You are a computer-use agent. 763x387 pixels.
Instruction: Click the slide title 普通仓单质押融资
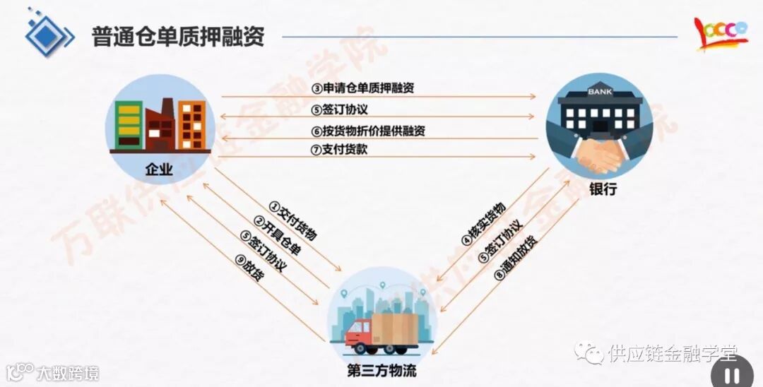click(177, 37)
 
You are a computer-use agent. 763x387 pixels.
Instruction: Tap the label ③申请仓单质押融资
click(363, 88)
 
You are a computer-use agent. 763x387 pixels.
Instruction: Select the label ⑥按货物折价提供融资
click(368, 131)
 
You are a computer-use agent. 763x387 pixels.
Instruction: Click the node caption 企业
click(159, 169)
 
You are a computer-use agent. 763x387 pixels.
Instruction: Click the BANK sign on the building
click(598, 93)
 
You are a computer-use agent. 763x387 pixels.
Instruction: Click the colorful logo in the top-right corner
click(720, 33)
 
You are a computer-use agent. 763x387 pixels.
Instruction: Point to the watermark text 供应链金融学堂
click(672, 352)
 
